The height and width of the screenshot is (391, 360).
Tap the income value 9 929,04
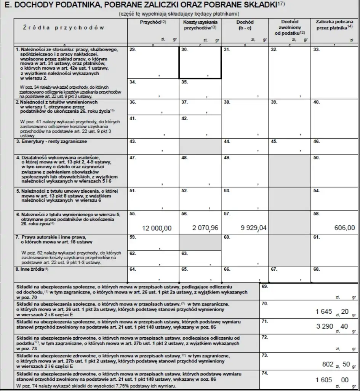[x=253, y=228]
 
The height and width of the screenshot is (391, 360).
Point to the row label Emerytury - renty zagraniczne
[x=52, y=142]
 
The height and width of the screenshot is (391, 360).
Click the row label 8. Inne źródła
[x=34, y=270]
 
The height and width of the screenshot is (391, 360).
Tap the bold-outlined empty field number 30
[x=200, y=63]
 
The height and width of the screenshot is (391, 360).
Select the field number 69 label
[x=265, y=286]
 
